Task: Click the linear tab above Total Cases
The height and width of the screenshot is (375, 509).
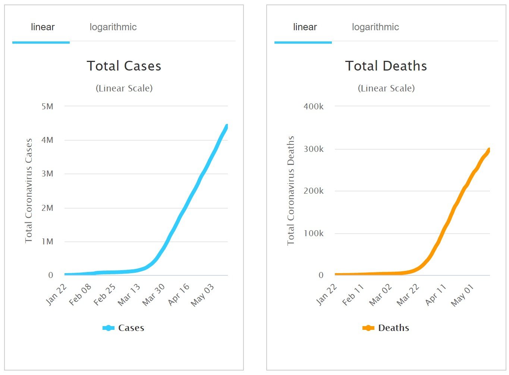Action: pos(43,27)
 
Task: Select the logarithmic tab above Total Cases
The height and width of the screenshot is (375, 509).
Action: pos(113,27)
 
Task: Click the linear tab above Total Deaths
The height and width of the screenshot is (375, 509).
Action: pos(305,27)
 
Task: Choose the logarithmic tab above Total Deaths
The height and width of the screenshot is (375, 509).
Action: pos(375,27)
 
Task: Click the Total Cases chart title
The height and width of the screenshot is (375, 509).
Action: pos(124,66)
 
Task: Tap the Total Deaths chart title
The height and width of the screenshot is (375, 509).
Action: pos(386,66)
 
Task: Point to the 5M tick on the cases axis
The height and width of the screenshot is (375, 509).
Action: pos(47,107)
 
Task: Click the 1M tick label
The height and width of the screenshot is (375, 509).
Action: pos(47,242)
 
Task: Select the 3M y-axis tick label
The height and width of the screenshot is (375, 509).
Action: pos(47,174)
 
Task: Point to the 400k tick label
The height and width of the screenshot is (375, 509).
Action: pos(314,107)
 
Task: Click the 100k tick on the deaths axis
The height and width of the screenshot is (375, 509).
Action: pos(314,234)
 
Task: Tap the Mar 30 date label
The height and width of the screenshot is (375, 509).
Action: pos(154,294)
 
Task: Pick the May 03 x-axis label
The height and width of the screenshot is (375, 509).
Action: pos(202,295)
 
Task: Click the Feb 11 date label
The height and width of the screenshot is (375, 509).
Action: pos(353,295)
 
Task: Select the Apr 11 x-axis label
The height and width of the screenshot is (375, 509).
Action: pos(436,295)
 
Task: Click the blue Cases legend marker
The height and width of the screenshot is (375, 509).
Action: pos(109,328)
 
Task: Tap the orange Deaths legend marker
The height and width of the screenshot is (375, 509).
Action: pos(368,328)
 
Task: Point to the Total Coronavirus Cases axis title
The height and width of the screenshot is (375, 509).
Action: pos(29,191)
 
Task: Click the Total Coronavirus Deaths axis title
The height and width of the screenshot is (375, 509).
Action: pos(291,191)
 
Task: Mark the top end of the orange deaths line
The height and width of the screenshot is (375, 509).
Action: pos(488,150)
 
